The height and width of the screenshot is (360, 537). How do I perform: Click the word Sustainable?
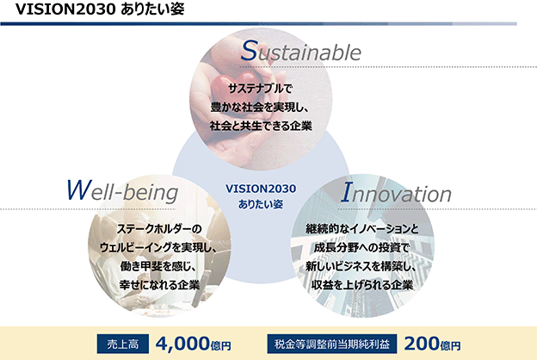pos(300,51)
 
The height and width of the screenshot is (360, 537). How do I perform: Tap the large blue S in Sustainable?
pos(249,51)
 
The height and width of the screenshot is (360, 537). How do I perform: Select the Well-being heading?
pos(122,191)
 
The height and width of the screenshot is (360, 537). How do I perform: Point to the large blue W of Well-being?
pos(79,189)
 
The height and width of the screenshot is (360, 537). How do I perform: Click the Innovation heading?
pos(396,193)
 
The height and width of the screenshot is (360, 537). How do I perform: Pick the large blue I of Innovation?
pos(347,192)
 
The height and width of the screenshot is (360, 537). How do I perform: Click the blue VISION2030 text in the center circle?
pos(261,189)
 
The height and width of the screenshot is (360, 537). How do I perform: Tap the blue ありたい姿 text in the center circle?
pos(261,204)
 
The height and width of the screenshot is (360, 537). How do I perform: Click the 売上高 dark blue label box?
pos(123,344)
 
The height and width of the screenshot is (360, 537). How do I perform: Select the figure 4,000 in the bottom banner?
pos(182,344)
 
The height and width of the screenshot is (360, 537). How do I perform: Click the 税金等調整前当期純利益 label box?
pos(332,344)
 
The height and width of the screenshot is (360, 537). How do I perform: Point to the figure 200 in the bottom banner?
pos(422,344)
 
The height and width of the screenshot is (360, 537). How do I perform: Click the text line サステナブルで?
pos(260,89)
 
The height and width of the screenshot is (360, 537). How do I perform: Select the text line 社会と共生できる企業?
pos(261,126)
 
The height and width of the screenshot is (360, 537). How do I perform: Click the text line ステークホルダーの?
pos(159,229)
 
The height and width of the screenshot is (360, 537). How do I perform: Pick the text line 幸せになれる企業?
pos(159,284)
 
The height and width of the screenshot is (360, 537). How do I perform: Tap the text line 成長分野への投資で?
pos(361,247)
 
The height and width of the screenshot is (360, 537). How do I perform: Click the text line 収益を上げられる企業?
pos(362,284)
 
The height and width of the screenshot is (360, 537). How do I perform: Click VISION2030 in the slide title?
pos(65,9)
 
